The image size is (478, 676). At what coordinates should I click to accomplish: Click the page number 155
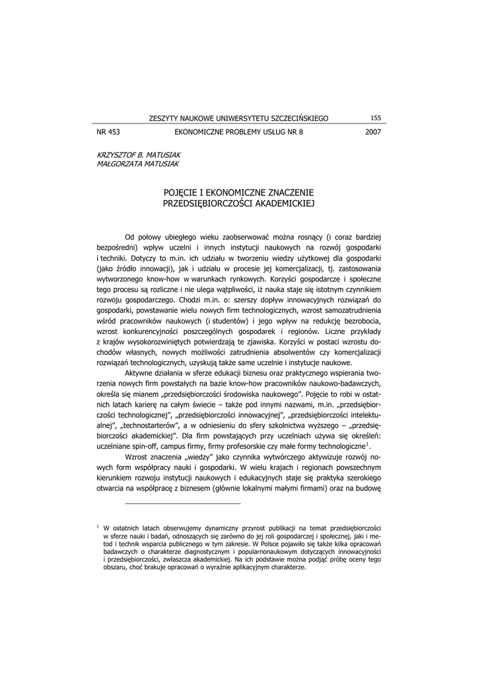point(376,118)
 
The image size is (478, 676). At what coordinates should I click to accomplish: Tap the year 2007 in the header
point(373,132)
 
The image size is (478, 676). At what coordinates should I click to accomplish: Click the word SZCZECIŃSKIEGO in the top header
point(296,119)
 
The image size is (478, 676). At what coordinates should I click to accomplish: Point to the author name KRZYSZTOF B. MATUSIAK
point(134,153)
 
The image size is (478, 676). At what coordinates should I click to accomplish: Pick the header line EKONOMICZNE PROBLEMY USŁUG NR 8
point(238,132)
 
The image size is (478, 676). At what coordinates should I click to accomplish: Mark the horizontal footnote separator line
point(183,504)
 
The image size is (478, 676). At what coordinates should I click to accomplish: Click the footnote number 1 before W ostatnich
point(98,526)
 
